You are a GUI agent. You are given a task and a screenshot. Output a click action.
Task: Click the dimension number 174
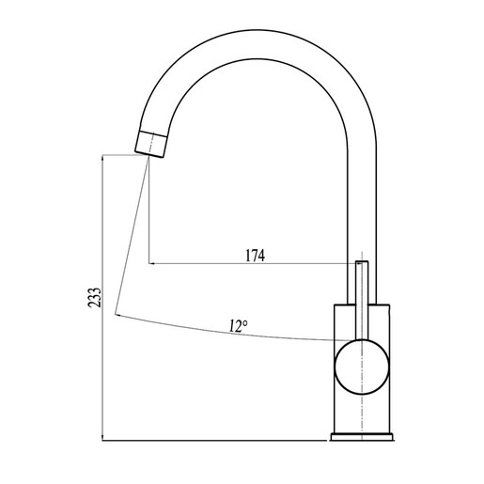(254, 255)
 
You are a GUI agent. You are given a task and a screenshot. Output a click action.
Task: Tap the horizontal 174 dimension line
(282, 264)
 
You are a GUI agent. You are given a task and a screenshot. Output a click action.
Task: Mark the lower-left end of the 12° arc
(117, 313)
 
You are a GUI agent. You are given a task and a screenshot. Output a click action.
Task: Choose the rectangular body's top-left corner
(335, 305)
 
